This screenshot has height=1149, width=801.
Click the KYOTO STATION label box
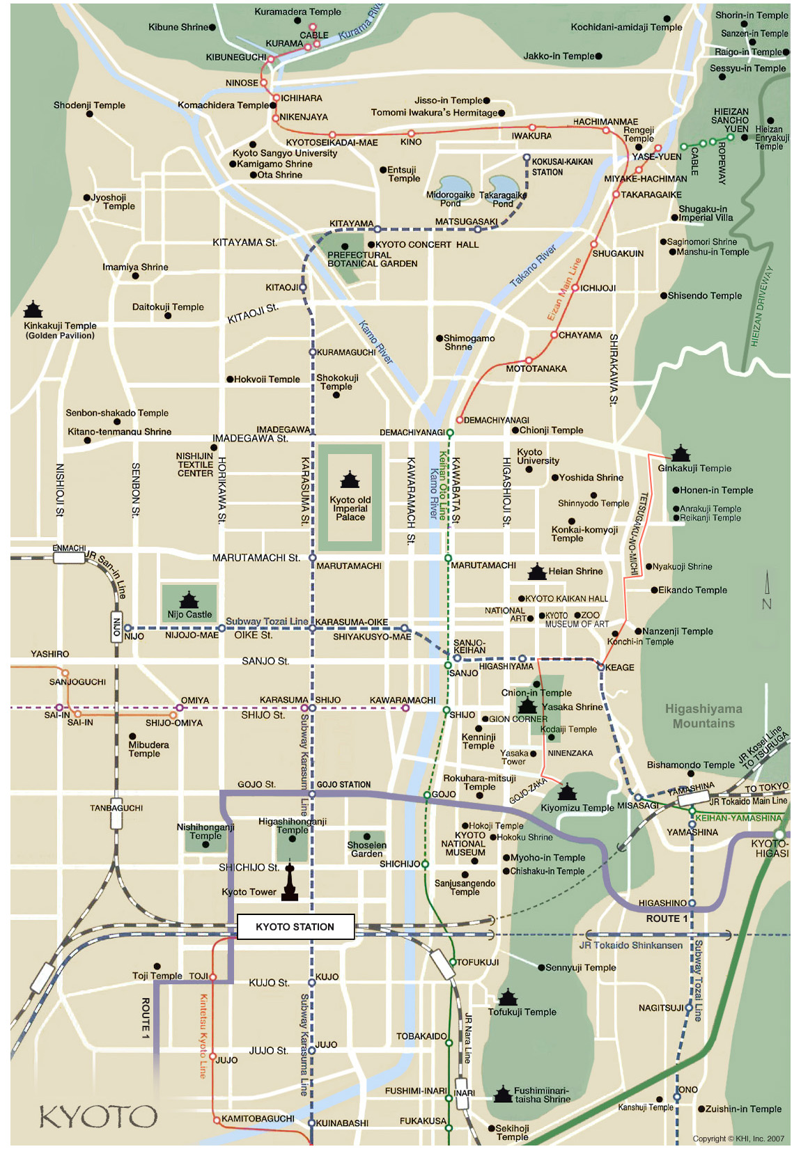click(x=295, y=927)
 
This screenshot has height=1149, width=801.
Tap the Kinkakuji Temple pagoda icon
click(x=33, y=309)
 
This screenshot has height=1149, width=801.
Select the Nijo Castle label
click(x=189, y=615)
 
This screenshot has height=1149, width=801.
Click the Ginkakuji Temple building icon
click(x=680, y=453)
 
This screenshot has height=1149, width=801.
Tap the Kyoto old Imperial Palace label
click(x=350, y=509)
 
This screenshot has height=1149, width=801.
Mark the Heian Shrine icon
click(x=537, y=572)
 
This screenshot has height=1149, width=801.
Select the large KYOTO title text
click(x=98, y=1117)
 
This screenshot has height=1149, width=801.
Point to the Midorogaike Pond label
click(x=450, y=199)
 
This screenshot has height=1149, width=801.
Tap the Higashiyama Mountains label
click(x=703, y=716)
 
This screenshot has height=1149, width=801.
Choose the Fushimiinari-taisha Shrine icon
click(x=503, y=1094)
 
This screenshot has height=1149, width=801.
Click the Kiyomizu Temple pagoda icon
click(x=567, y=792)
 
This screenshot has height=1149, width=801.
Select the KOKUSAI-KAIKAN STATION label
click(x=561, y=167)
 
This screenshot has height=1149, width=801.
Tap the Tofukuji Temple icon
click(x=508, y=997)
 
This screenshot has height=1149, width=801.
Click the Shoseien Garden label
click(x=366, y=850)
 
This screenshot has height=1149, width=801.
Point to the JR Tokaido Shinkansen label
click(x=631, y=945)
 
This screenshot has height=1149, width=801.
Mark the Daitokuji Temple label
click(x=168, y=307)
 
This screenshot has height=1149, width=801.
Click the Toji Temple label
click(x=157, y=976)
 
